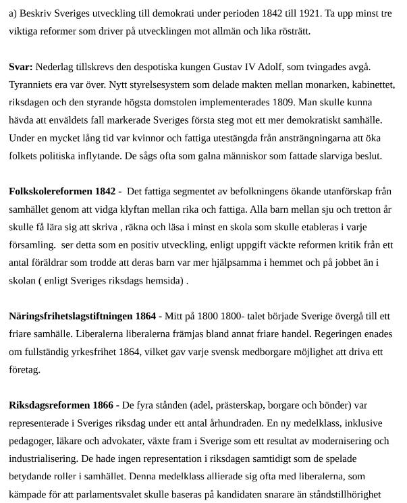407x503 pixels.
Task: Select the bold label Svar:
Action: pyautogui.click(x=21, y=67)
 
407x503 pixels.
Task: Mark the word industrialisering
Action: pyautogui.click(x=43, y=458)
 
